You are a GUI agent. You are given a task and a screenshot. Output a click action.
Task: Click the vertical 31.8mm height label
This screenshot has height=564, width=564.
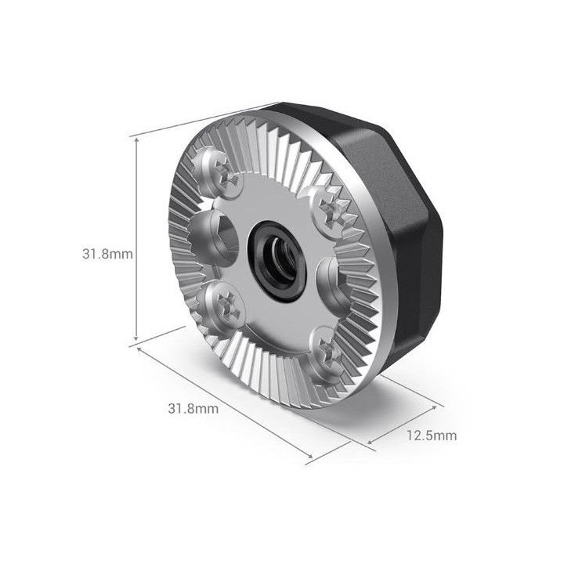point(108,254)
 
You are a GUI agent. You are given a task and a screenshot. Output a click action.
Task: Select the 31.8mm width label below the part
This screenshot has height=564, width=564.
point(193,408)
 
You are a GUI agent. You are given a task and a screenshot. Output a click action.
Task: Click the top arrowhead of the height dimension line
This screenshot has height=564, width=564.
point(138,138)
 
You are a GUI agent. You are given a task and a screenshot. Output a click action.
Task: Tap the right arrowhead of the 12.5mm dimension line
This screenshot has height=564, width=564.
point(435,408)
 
